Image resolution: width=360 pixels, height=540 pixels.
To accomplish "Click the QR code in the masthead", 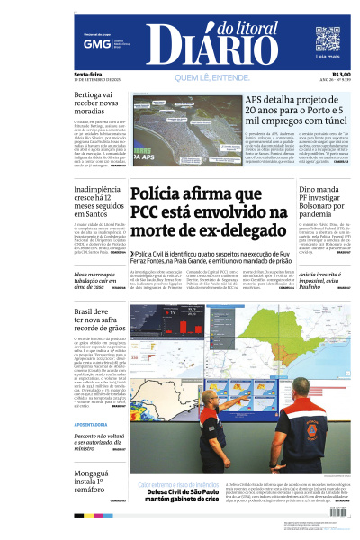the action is click(x=327, y=39).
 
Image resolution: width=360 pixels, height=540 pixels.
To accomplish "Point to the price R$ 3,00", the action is click(x=341, y=74).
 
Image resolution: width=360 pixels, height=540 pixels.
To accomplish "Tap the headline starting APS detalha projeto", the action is click(x=296, y=112).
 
